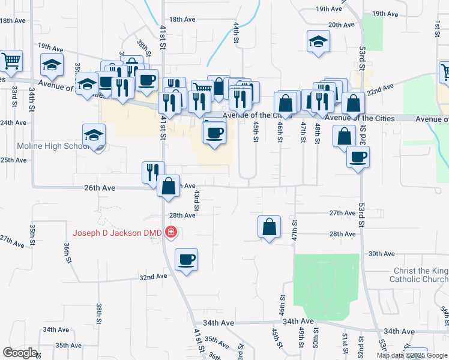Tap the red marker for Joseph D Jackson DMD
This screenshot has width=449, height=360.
click(171, 232)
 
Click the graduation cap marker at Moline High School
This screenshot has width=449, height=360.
click(94, 136)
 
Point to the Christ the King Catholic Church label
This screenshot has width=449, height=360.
click(418, 275)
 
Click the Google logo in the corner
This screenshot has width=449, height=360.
click(20, 353)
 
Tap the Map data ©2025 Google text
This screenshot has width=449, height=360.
click(412, 355)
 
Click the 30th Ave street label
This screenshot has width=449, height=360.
click(381, 254)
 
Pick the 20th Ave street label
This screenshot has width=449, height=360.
click(342, 25)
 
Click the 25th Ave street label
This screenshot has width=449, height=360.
click(13, 160)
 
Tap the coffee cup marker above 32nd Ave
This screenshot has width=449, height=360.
click(186, 260)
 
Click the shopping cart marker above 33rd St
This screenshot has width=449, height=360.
click(11, 61)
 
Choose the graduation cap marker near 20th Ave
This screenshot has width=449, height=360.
click(318, 41)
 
